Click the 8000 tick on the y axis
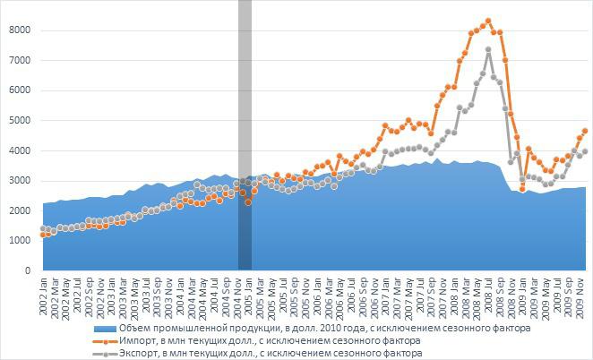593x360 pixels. pos(20,30)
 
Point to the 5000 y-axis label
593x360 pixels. pos(20,120)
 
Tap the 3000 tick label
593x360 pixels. pos(20,180)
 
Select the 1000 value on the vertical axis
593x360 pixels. pos(20,240)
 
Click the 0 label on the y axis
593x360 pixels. pos(28,270)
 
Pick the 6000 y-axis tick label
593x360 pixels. pos(20,90)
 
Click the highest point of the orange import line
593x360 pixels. pos(488,21)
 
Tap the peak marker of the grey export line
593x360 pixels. pos(488,49)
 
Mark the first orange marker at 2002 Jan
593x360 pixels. pos(43,235)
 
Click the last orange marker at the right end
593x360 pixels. pos(585,131)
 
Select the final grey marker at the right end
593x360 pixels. pos(585,151)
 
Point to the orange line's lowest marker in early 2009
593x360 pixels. pos(523,189)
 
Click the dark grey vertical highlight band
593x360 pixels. pos(245,134)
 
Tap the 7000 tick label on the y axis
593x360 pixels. pos(20,60)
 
